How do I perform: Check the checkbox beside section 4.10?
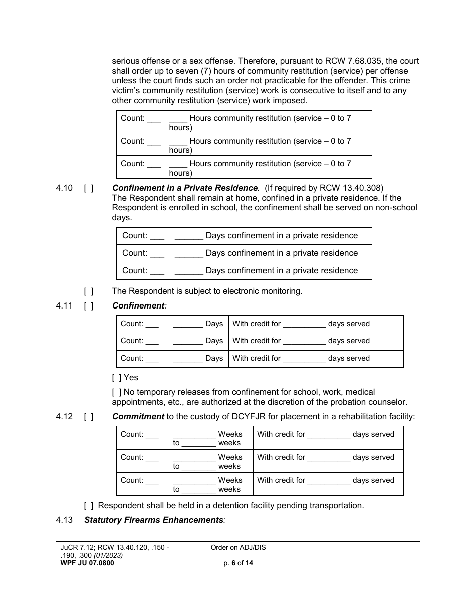click(x=89, y=188)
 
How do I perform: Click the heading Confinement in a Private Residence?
click(x=185, y=188)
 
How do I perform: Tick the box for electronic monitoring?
click(x=89, y=291)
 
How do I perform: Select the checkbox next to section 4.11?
click(x=89, y=305)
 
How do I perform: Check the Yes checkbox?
click(x=117, y=377)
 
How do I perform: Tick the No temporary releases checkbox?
click(x=117, y=392)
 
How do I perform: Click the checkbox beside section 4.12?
click(x=89, y=416)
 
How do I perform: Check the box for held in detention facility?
click(x=89, y=505)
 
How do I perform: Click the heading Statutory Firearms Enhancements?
click(x=154, y=520)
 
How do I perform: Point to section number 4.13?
click(x=64, y=520)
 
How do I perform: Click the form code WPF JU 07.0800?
click(x=87, y=563)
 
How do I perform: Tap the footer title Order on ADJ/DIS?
click(x=239, y=547)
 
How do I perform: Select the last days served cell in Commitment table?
click(x=328, y=484)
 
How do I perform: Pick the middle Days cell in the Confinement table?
click(x=198, y=341)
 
